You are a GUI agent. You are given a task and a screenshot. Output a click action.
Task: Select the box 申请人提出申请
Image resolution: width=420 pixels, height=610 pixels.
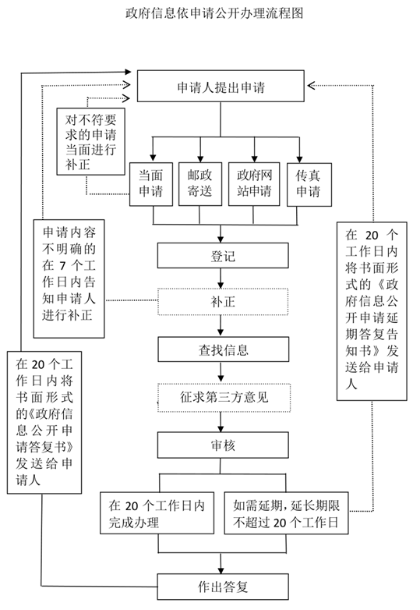(221, 87)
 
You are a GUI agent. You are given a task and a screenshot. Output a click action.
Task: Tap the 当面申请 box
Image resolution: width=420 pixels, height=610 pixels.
(150, 183)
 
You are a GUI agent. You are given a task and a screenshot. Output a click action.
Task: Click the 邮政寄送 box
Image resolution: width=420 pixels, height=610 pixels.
(200, 183)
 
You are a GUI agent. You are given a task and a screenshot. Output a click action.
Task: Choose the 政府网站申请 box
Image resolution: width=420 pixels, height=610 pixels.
(254, 183)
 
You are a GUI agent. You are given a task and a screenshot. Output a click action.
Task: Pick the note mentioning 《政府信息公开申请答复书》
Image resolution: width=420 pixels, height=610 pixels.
(45, 423)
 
